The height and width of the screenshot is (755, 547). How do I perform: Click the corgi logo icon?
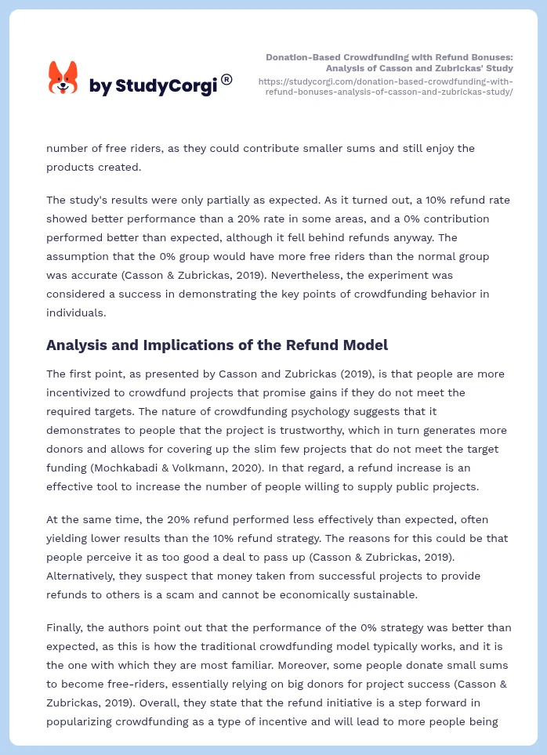(x=63, y=78)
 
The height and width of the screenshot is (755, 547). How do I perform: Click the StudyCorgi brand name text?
(x=153, y=86)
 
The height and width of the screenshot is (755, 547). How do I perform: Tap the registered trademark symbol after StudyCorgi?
(x=226, y=79)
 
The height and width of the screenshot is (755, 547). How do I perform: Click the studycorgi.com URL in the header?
(x=386, y=86)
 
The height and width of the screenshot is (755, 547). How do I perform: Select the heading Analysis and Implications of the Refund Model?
(x=217, y=345)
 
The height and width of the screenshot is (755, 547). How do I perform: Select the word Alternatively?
(x=81, y=576)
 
